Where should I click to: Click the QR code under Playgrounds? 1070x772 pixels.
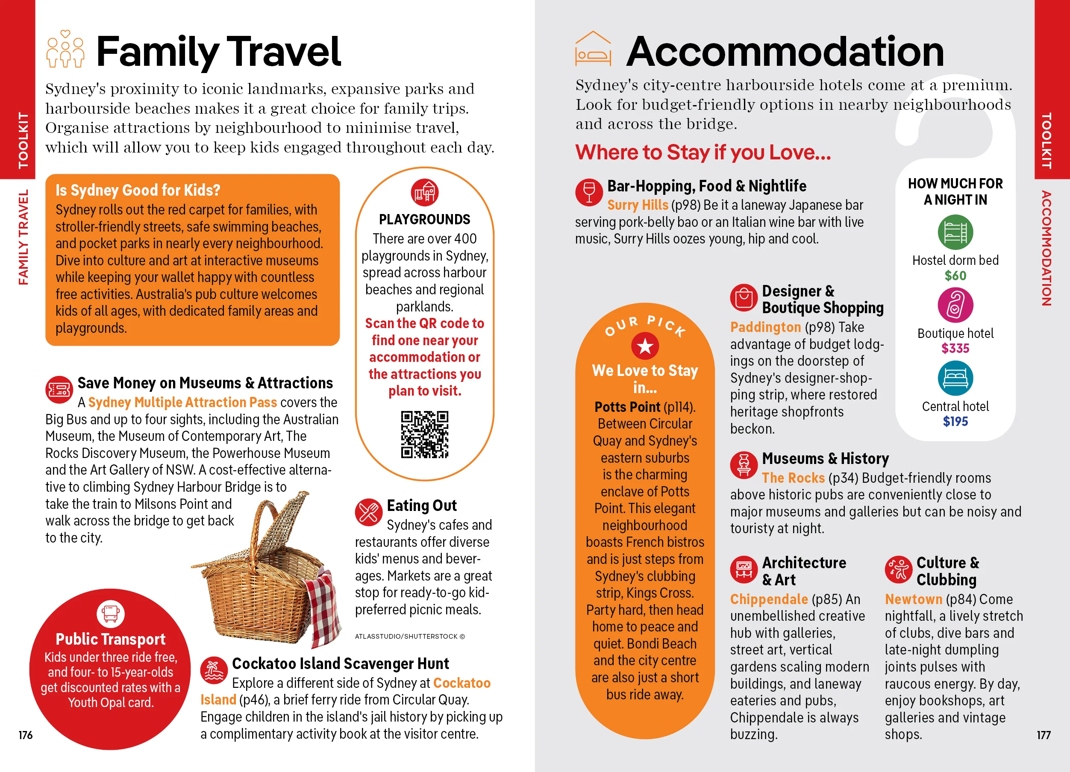(424, 434)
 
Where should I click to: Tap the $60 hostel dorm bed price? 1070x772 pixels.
(955, 276)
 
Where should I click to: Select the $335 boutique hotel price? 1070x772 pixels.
(955, 349)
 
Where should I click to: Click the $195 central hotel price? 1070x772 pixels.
(955, 422)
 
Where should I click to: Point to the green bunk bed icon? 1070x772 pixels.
(955, 232)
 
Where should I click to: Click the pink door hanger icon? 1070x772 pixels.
(955, 305)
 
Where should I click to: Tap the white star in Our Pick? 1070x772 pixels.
(644, 346)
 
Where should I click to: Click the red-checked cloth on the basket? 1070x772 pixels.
(326, 608)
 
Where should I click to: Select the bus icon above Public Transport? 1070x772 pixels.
(110, 614)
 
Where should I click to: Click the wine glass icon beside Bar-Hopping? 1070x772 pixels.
(589, 192)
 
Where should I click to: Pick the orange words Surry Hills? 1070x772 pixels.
(638, 205)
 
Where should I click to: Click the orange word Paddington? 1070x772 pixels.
(765, 327)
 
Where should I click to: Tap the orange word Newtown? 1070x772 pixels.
(913, 599)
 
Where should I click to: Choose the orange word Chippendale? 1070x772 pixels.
(769, 599)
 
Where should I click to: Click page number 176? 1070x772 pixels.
(26, 735)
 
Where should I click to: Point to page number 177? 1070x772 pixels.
(1043, 735)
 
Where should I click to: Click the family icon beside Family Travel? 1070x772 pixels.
(65, 49)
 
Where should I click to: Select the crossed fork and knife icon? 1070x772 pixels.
(368, 512)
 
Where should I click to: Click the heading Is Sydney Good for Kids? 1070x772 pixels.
(138, 190)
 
